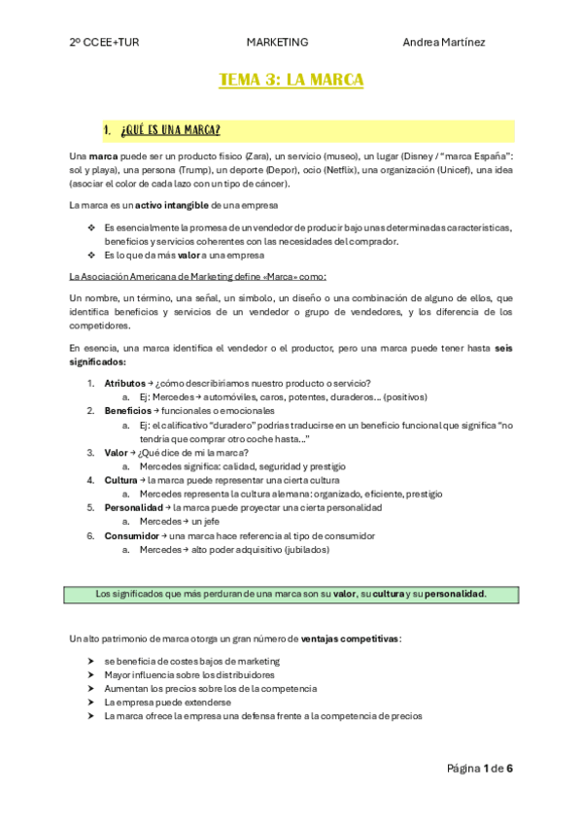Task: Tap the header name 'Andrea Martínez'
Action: [444, 42]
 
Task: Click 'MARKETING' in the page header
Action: [277, 42]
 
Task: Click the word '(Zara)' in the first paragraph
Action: [257, 155]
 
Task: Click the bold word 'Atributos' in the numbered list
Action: [124, 383]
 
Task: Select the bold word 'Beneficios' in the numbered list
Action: [127, 411]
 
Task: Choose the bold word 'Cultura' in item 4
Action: [120, 480]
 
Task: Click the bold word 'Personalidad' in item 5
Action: [132, 507]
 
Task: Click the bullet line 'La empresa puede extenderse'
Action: [167, 702]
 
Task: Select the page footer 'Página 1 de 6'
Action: [479, 769]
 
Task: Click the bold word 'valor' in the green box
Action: [343, 594]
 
